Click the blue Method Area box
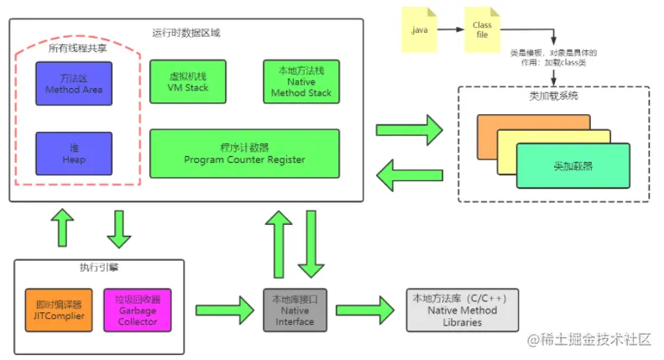click(74, 83)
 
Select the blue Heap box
click(74, 153)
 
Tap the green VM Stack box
click(186, 81)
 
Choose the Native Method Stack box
click(301, 81)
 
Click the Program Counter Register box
click(244, 153)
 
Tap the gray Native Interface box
click(295, 310)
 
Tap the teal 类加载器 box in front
click(573, 166)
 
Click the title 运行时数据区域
click(186, 33)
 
